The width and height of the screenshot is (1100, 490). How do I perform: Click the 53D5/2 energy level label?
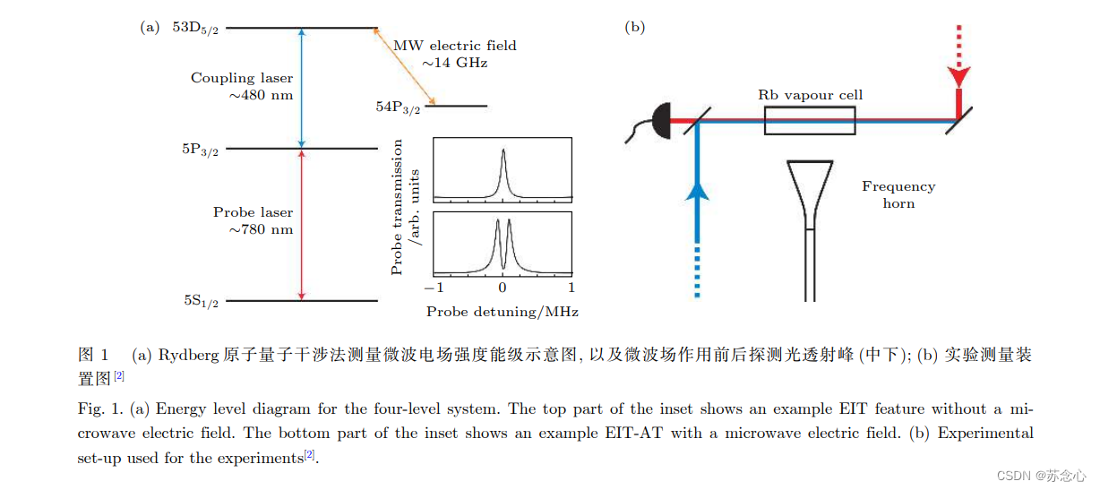coord(195,28)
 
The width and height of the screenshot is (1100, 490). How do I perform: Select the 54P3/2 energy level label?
coord(398,107)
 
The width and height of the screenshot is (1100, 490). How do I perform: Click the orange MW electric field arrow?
coord(404,67)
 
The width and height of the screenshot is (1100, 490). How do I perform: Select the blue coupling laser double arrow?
coord(301,88)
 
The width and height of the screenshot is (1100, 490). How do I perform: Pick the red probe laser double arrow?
coord(301,224)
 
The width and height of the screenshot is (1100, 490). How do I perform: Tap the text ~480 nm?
coord(261,95)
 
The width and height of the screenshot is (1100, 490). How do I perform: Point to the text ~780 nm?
coord(261,229)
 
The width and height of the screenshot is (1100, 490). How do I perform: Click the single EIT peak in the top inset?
coord(503,166)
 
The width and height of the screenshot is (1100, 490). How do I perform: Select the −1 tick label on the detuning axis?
coord(434,288)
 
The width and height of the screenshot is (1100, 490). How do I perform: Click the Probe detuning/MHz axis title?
coord(502,312)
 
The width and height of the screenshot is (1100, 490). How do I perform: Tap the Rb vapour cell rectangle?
coord(809,120)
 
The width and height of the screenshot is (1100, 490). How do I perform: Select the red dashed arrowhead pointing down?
coord(959,75)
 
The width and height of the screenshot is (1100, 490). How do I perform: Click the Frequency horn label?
coord(898,194)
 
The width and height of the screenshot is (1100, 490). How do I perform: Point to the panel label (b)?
coord(634,27)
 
